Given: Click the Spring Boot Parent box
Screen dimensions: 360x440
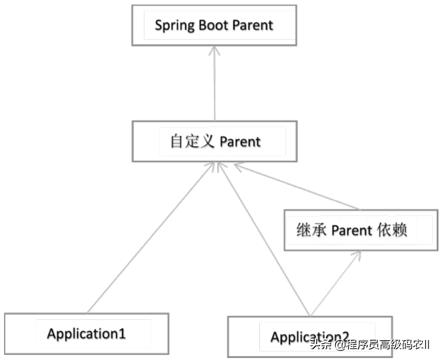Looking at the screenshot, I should click(x=214, y=25).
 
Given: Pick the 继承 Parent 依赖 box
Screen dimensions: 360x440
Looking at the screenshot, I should click(x=360, y=230).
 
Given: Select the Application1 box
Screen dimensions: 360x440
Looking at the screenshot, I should click(x=86, y=334).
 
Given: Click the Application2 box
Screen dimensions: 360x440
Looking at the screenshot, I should click(x=309, y=336).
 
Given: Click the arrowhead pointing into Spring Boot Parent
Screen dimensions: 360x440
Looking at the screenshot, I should click(x=215, y=50).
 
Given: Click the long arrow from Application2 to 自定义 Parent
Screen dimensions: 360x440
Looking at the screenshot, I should click(x=264, y=239).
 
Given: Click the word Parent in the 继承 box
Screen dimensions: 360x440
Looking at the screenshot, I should click(x=351, y=230).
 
